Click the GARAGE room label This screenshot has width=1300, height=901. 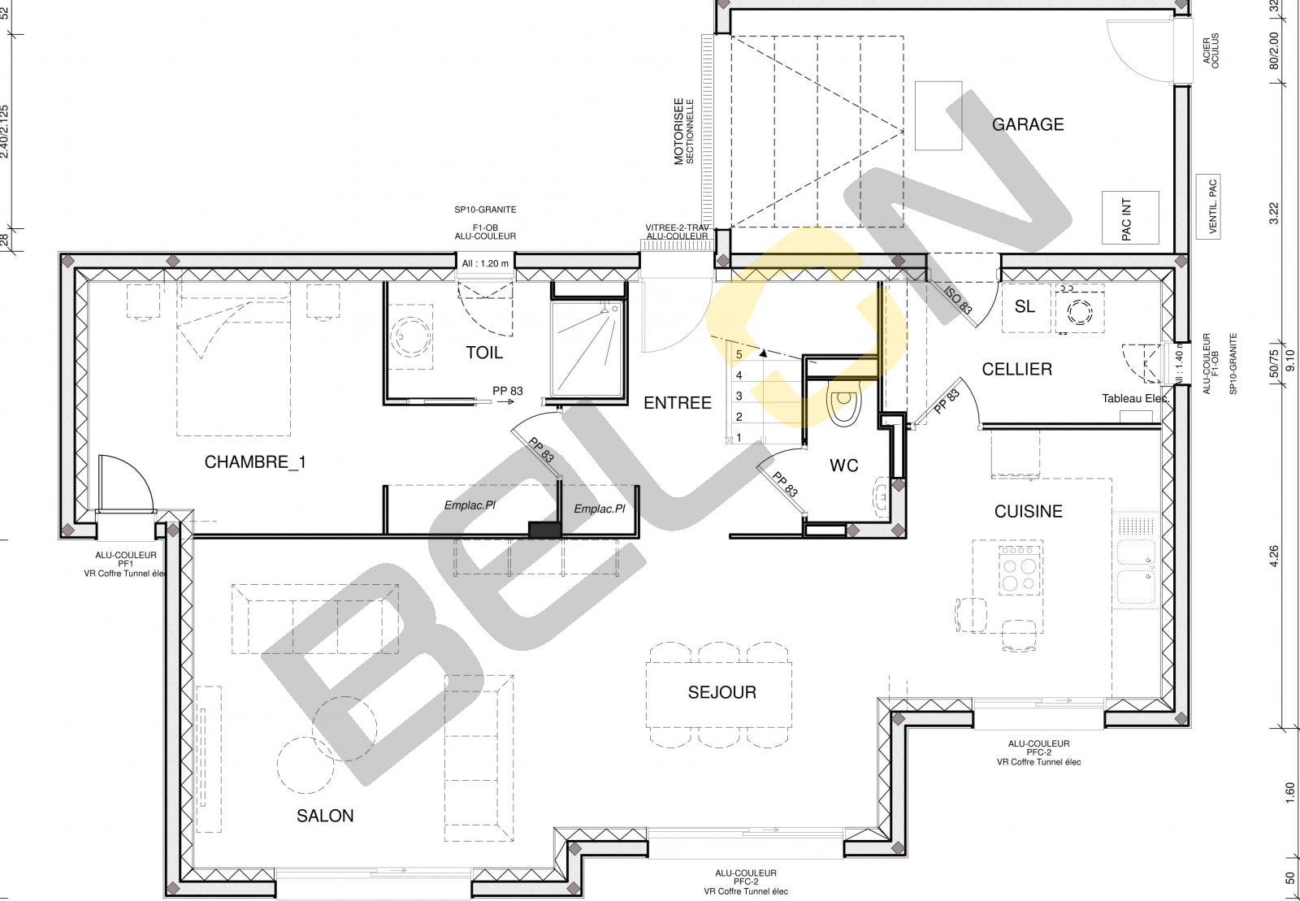point(1027,124)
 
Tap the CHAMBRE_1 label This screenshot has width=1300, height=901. point(255,461)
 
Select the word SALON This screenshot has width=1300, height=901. point(325,816)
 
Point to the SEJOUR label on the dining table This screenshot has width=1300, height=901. point(722,692)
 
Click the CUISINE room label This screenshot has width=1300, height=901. point(1029,511)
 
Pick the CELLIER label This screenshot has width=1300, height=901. point(1016,369)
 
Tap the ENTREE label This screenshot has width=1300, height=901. point(678,403)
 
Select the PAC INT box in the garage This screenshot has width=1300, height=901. point(1130,219)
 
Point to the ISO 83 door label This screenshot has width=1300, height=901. point(958,300)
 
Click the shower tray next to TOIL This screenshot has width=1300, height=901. point(587,349)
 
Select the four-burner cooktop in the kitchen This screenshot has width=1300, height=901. point(1019,570)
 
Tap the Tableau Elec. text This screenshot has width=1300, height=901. point(1135,399)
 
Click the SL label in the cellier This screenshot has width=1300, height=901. point(1025,306)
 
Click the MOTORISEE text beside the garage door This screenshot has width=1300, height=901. point(678,131)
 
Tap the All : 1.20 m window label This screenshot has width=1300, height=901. point(485,263)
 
